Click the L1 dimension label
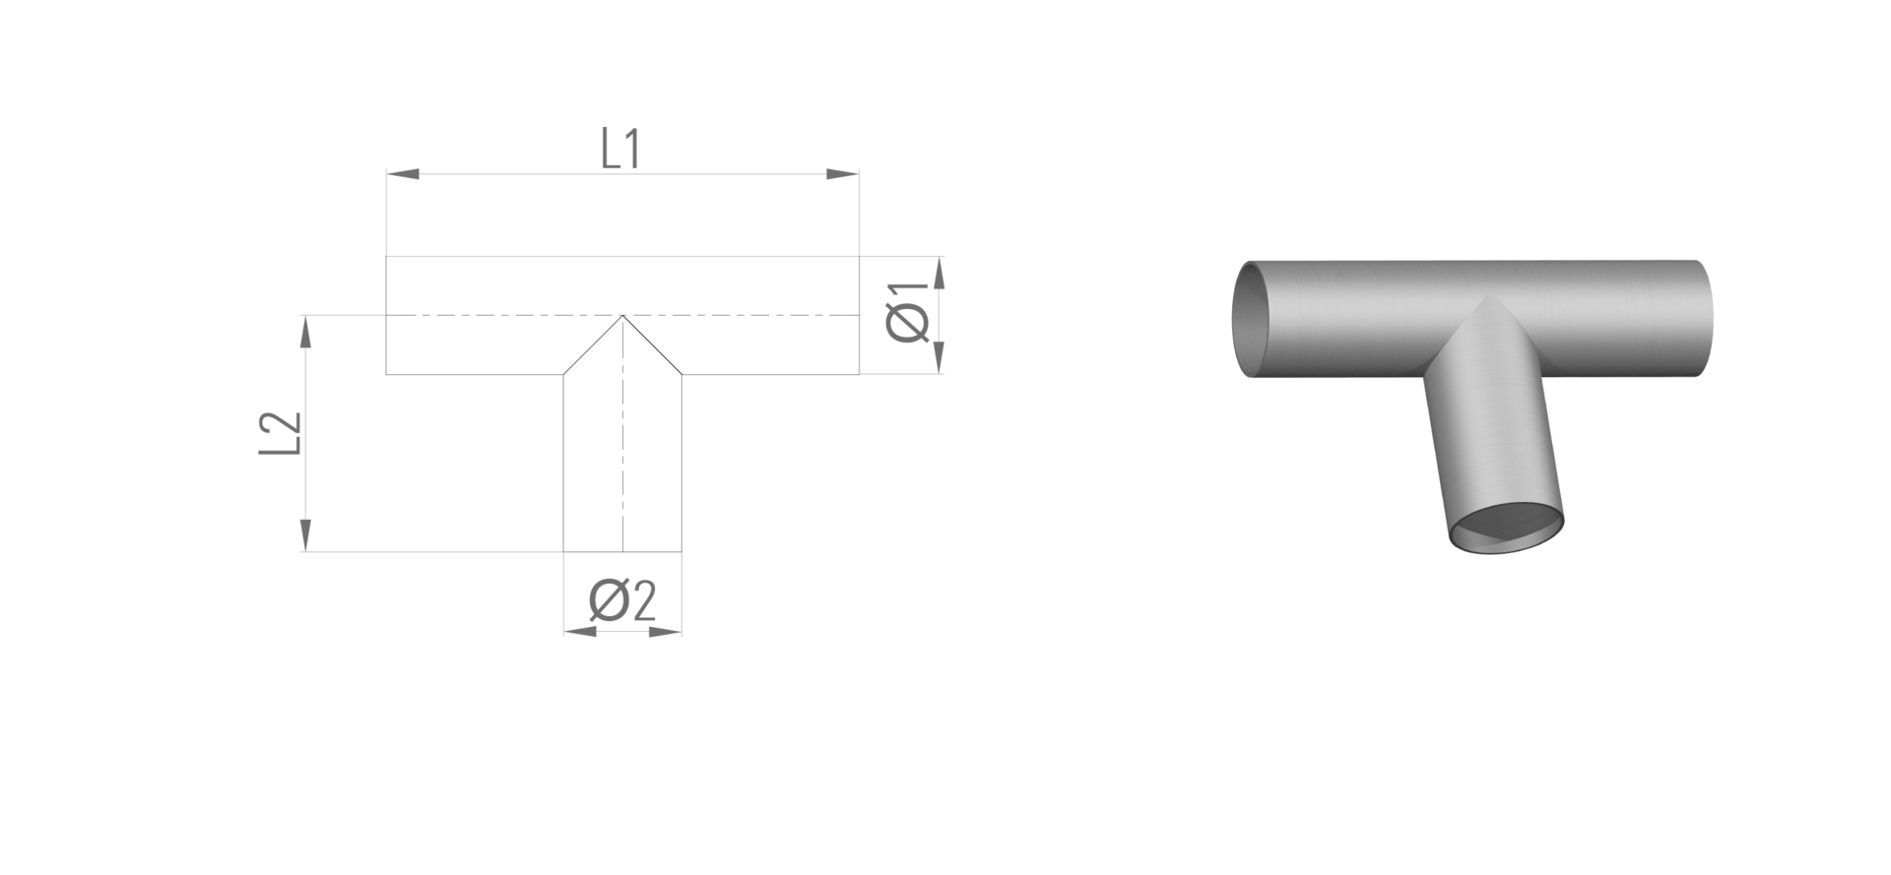(621, 149)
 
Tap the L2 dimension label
(279, 433)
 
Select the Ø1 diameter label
(907, 312)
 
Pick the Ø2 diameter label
(622, 600)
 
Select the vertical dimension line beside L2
(305, 433)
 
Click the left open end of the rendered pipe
(1249, 319)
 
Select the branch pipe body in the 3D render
(1491, 433)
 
